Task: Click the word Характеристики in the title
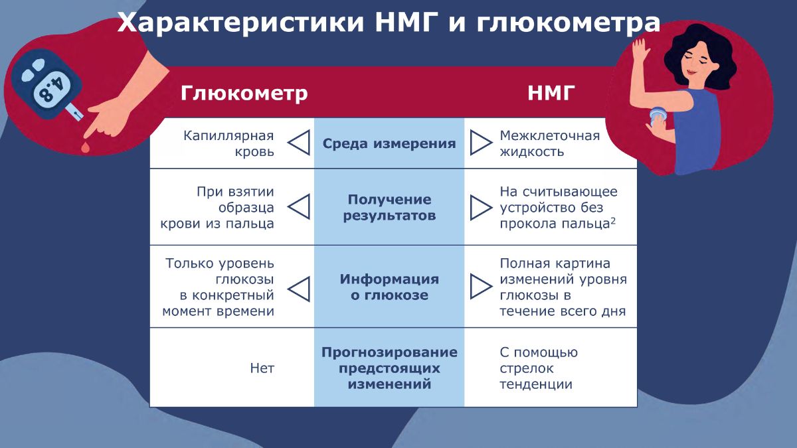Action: click(240, 23)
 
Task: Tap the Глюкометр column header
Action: click(244, 93)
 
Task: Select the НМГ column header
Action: click(551, 93)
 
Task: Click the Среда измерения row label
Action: click(389, 143)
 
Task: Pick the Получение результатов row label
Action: click(389, 208)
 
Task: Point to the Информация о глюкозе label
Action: click(389, 287)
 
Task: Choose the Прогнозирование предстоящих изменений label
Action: click(389, 368)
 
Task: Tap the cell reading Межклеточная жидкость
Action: click(550, 143)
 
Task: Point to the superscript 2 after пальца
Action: click(613, 221)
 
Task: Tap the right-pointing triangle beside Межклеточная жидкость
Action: click(481, 143)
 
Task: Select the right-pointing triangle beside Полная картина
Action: click(481, 286)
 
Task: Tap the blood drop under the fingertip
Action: click(85, 147)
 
